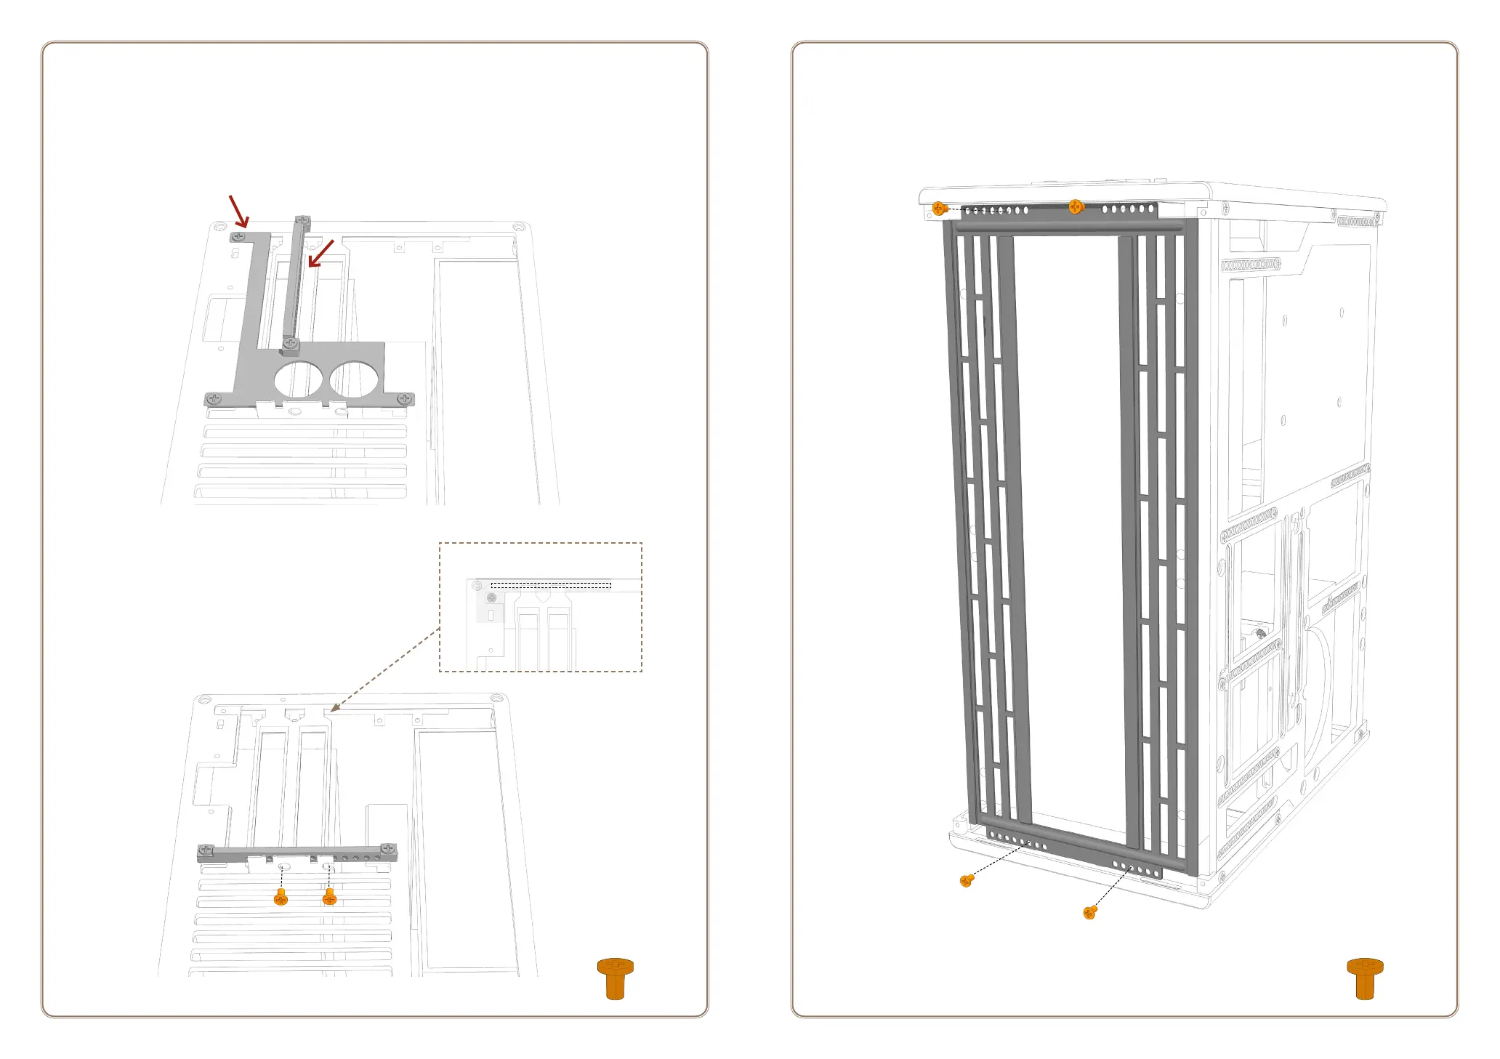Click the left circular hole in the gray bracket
pyautogui.click(x=298, y=379)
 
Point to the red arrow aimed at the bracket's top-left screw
pyautogui.click(x=239, y=211)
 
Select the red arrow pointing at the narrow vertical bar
pyautogui.click(x=320, y=254)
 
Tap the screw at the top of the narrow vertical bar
pyautogui.click(x=302, y=220)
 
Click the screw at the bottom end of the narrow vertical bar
pyautogui.click(x=291, y=342)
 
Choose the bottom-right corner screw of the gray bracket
pyautogui.click(x=405, y=398)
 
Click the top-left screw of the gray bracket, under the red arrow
pyautogui.click(x=238, y=236)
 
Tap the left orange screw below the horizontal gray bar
pyautogui.click(x=281, y=898)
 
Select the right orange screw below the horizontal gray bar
pyautogui.click(x=329, y=898)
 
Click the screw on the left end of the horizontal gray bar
pyautogui.click(x=206, y=849)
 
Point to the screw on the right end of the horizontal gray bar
pyautogui.click(x=388, y=848)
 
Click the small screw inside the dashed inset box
pyautogui.click(x=491, y=597)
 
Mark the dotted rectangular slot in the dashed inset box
pyautogui.click(x=551, y=585)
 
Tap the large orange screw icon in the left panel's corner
pyautogui.click(x=616, y=978)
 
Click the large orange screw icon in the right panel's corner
pyautogui.click(x=1365, y=978)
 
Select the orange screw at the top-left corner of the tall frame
pyautogui.click(x=939, y=209)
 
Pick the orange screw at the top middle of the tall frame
pyautogui.click(x=1076, y=207)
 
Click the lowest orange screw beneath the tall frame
pyautogui.click(x=1089, y=912)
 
